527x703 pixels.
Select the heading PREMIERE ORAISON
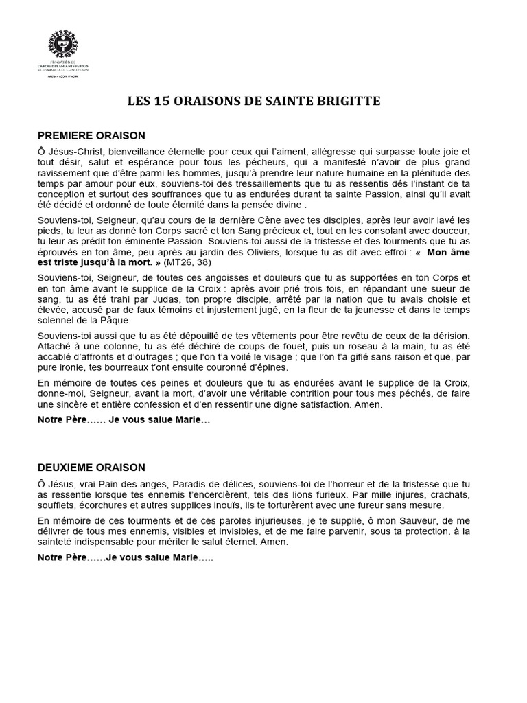click(91, 135)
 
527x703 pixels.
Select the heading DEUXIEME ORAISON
click(91, 467)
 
